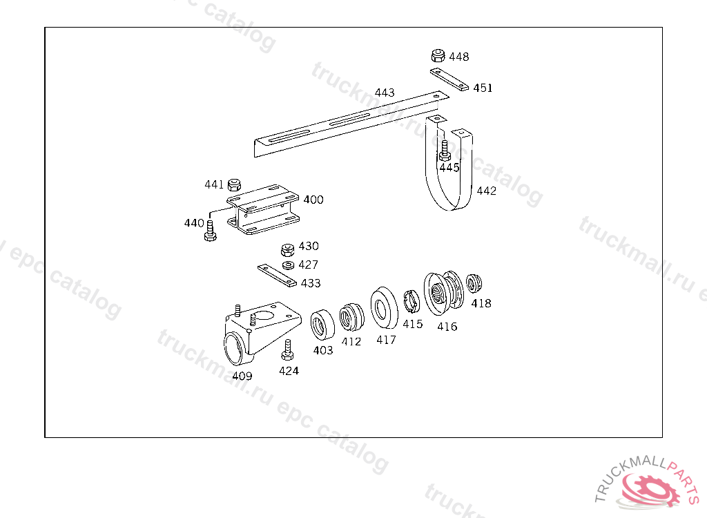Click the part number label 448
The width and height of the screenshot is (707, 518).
[458, 57]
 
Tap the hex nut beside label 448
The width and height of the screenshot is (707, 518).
[437, 55]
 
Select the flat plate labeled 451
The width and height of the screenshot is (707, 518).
[449, 79]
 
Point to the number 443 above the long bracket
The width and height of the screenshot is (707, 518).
[385, 93]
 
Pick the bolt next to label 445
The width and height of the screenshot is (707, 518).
[445, 150]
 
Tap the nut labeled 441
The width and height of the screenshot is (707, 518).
[233, 184]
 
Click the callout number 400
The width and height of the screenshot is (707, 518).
[313, 200]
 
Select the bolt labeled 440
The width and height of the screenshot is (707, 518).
[211, 231]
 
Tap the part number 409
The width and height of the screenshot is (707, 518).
[242, 376]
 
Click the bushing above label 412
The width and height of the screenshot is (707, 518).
[351, 317]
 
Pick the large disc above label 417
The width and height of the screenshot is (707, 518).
[383, 307]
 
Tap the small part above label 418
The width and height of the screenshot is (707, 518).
[474, 283]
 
